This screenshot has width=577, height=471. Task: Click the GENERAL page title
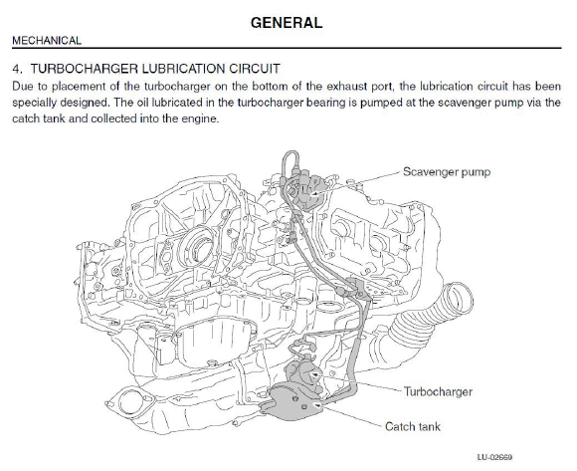pos(287,23)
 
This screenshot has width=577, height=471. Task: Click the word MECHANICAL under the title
pos(47,40)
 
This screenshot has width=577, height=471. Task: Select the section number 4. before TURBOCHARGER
pos(18,69)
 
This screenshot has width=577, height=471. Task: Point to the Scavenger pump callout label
pos(447,172)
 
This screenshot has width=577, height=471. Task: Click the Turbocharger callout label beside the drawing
pos(438,391)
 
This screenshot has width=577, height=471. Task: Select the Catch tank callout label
pos(413,426)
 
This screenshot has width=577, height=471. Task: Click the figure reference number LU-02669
pos(494,457)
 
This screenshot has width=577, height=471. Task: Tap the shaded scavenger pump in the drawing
pos(308,189)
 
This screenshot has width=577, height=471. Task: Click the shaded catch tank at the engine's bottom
pos(290,401)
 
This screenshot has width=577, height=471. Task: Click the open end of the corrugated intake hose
pos(458,299)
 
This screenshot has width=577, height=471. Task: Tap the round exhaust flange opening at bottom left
pos(130,401)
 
